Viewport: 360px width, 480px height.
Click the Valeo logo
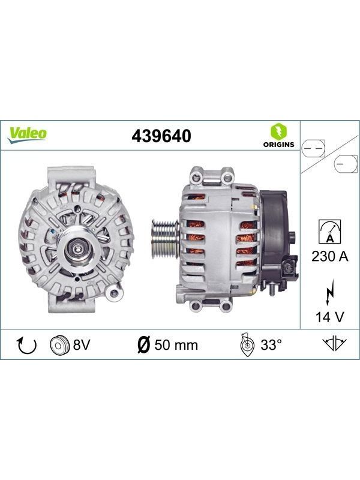pos(27,135)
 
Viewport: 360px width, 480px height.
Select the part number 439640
pos(161,136)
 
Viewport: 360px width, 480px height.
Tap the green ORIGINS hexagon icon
pos(278,131)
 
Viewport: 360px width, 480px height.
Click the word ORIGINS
pos(278,145)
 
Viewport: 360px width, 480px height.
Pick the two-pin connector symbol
pos(313,149)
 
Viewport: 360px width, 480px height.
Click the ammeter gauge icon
pos(329,232)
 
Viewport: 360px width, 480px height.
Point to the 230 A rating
pos(330,256)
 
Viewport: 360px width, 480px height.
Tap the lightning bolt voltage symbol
pos(329,292)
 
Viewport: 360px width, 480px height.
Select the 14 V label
pos(329,317)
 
